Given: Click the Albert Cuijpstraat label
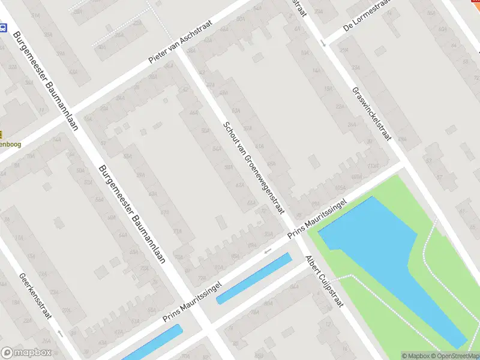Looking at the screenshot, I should coord(323,281).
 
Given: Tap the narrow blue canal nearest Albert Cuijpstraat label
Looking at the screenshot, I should coord(254,278).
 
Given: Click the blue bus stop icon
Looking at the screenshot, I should coord(4,28).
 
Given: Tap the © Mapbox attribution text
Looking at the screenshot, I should coord(415,356).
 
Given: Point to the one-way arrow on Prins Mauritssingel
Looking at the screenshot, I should coord(268,250).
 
